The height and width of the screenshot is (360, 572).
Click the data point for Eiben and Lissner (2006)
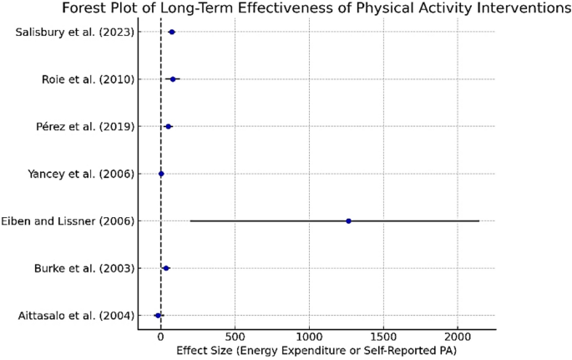click(348, 221)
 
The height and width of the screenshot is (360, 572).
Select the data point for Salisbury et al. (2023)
click(172, 32)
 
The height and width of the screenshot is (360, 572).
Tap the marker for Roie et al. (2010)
click(173, 79)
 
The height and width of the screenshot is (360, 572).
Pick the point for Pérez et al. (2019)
click(169, 126)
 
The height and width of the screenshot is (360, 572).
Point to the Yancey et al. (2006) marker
click(161, 174)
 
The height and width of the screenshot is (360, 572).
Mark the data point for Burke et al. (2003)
click(166, 268)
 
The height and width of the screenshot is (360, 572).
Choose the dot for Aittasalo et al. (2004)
click(158, 316)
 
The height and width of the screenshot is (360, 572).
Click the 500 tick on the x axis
click(235, 338)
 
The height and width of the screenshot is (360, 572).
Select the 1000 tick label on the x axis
click(309, 338)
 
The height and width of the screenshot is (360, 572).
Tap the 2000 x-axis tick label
click(458, 338)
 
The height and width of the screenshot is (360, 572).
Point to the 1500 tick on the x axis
click(383, 338)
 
